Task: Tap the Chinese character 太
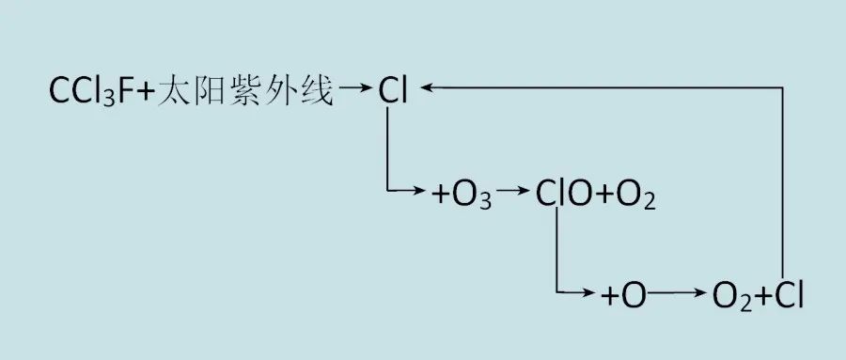176,91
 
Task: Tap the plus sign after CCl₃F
146,92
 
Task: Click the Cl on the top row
393,91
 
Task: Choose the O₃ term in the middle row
474,197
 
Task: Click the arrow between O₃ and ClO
513,193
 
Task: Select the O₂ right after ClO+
637,197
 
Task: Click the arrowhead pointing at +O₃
424,193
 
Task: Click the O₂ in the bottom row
731,298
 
